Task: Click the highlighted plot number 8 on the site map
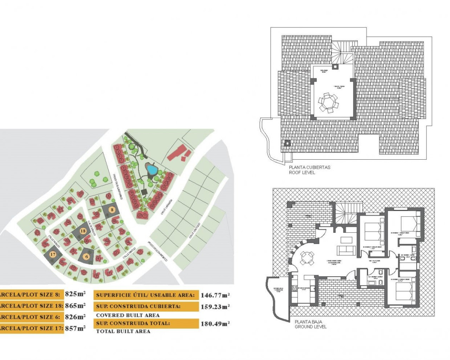coord(112,210)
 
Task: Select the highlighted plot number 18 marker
coord(83,231)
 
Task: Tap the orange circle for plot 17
coord(53,254)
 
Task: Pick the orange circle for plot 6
coord(86,257)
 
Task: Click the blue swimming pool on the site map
coord(152,170)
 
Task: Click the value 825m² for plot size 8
coord(75,294)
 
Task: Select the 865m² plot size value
coord(75,305)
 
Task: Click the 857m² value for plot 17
coord(75,328)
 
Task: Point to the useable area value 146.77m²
coord(215,295)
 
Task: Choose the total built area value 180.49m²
coord(215,324)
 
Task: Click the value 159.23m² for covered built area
coord(215,307)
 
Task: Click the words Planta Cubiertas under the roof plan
coord(309,167)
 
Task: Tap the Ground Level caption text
coord(310,327)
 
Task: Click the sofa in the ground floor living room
coord(346,251)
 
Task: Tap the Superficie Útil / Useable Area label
coord(145,295)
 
